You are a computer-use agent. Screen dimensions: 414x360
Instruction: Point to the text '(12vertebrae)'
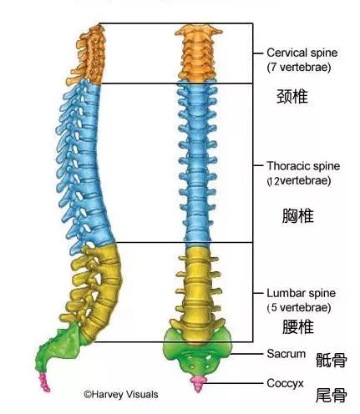pyautogui.click(x=298, y=180)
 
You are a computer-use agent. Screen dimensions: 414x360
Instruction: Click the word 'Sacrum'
pyautogui.click(x=286, y=354)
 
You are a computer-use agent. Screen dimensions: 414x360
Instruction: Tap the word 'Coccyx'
pyautogui.click(x=286, y=384)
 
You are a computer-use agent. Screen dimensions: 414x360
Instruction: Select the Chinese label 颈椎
pyautogui.click(x=292, y=96)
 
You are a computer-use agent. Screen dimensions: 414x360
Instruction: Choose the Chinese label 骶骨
pyautogui.click(x=331, y=360)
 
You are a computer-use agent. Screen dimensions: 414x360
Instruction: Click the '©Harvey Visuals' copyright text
pyautogui.click(x=120, y=393)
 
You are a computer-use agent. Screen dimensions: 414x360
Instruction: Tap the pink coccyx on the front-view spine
pyautogui.click(x=198, y=381)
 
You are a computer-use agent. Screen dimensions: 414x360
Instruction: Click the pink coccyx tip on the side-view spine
pyautogui.click(x=46, y=383)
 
